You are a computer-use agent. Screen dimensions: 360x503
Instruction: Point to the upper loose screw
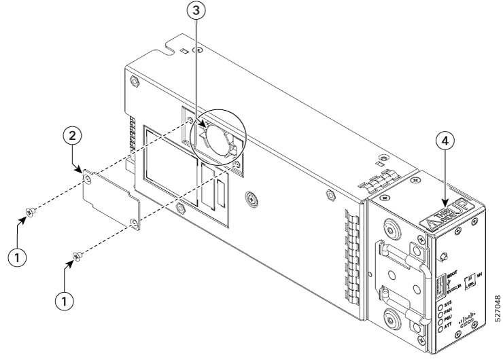(x=28, y=214)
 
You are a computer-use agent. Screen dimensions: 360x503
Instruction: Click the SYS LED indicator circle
(x=441, y=308)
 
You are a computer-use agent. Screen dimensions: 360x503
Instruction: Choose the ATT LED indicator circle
(x=442, y=329)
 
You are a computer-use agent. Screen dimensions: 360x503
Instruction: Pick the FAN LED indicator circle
(x=441, y=314)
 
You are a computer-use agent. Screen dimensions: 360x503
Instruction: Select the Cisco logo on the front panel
(x=469, y=320)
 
